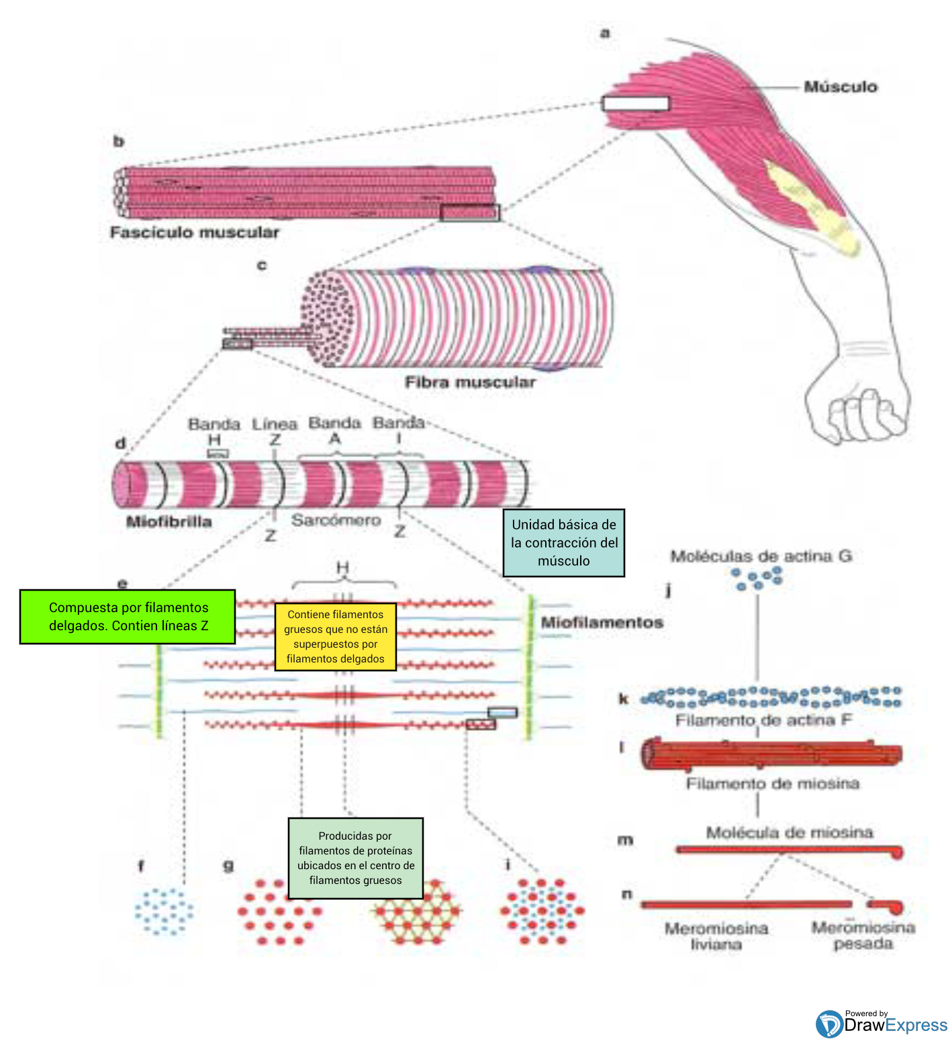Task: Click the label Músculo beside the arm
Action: [x=840, y=87]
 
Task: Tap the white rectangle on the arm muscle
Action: [x=635, y=103]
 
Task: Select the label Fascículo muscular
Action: [x=195, y=232]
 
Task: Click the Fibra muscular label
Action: [x=470, y=382]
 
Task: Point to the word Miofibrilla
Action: [x=169, y=522]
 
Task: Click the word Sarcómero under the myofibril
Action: [x=336, y=520]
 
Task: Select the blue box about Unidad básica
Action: [x=564, y=542]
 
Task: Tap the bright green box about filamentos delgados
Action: [x=128, y=616]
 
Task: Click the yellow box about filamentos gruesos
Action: [x=336, y=636]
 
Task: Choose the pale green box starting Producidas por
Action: [x=356, y=858]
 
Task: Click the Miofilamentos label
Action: [x=602, y=622]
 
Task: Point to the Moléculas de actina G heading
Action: [x=761, y=556]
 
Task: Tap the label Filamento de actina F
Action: [x=763, y=720]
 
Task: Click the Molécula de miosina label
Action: [x=789, y=832]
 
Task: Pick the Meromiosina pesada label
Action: [x=863, y=935]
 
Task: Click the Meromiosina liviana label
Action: [x=716, y=936]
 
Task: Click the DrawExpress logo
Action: [x=881, y=1024]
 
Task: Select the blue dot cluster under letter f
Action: [x=164, y=911]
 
